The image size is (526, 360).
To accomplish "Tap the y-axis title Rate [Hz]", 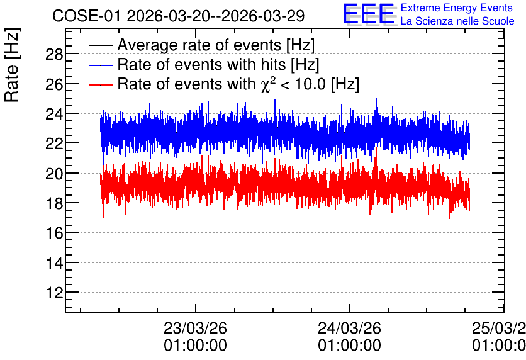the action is tap(12, 65).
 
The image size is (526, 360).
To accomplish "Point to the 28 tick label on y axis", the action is tap(54, 54).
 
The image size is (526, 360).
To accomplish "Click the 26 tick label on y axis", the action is tap(54, 84).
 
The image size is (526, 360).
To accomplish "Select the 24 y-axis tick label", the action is tap(54, 114).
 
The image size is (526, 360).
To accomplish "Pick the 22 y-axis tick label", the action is tap(54, 143).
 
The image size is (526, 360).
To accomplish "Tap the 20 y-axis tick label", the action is tap(54, 174).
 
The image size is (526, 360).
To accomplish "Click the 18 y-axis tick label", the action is tap(54, 203).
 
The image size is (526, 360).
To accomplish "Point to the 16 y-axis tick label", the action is tap(54, 233).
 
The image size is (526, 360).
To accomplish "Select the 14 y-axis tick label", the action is tap(54, 263).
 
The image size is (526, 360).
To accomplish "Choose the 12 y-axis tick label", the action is tap(54, 293).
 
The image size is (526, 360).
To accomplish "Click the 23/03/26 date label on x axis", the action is tap(195, 328).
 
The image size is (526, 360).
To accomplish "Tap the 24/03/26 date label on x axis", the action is tap(350, 328).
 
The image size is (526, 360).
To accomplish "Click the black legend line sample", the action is tap(100, 45).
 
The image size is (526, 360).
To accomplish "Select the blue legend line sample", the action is tap(100, 65).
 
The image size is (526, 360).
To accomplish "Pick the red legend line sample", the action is tap(100, 84).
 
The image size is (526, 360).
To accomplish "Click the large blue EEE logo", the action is tap(368, 14).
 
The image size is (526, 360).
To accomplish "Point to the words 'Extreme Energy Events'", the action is tap(457, 8).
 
